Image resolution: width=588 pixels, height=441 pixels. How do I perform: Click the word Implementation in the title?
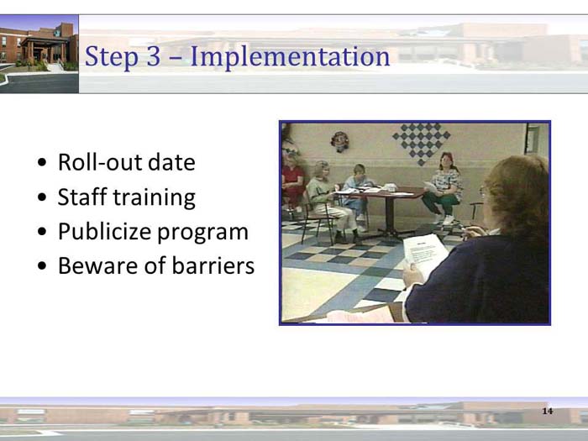tap(290, 57)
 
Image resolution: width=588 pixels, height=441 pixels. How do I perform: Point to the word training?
tap(155, 197)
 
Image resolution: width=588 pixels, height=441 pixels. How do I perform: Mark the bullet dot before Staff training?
tap(43, 198)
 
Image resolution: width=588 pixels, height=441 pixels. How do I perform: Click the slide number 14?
tap(548, 411)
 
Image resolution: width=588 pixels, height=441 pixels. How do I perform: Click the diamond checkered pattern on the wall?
tap(421, 142)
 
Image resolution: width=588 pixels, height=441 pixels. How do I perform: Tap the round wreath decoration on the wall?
tap(339, 140)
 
